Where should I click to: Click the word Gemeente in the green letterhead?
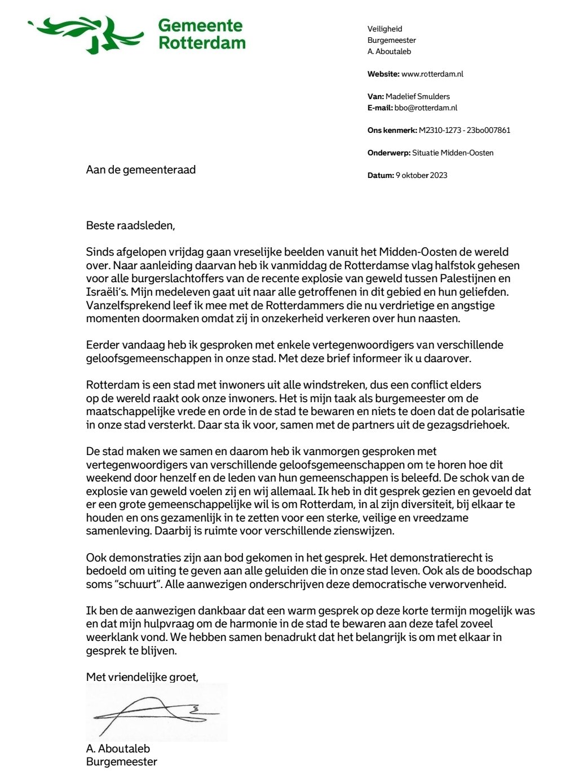click(x=200, y=25)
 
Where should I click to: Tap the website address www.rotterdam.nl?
click(x=432, y=74)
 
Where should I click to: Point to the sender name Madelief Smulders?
click(x=418, y=96)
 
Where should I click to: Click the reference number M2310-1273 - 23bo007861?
click(x=465, y=130)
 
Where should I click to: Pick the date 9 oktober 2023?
click(x=421, y=175)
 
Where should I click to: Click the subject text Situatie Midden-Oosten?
click(x=453, y=153)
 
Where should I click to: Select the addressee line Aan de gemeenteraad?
click(x=141, y=170)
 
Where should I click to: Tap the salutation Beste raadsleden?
click(x=130, y=225)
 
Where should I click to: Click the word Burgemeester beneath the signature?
click(x=122, y=761)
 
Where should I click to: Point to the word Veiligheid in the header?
click(x=385, y=29)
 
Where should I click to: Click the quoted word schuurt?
click(x=136, y=584)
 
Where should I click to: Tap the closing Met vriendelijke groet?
click(x=142, y=676)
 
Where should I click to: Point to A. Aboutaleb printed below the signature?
click(x=118, y=749)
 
